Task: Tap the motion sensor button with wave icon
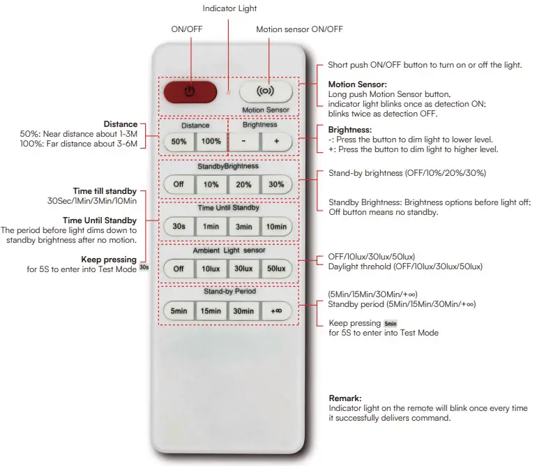click(264, 91)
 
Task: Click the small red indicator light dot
click(228, 91)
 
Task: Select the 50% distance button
click(179, 141)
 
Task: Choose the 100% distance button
click(211, 141)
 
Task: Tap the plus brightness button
click(277, 141)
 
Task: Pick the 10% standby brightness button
click(211, 185)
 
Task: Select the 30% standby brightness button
click(276, 185)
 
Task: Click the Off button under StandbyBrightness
click(179, 185)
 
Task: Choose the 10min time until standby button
click(276, 227)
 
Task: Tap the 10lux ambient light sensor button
click(211, 269)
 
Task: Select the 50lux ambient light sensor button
click(276, 269)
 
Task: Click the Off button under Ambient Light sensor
click(179, 269)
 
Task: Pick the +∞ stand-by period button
click(276, 311)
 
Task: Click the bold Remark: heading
click(345, 398)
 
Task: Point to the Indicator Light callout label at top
click(229, 9)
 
